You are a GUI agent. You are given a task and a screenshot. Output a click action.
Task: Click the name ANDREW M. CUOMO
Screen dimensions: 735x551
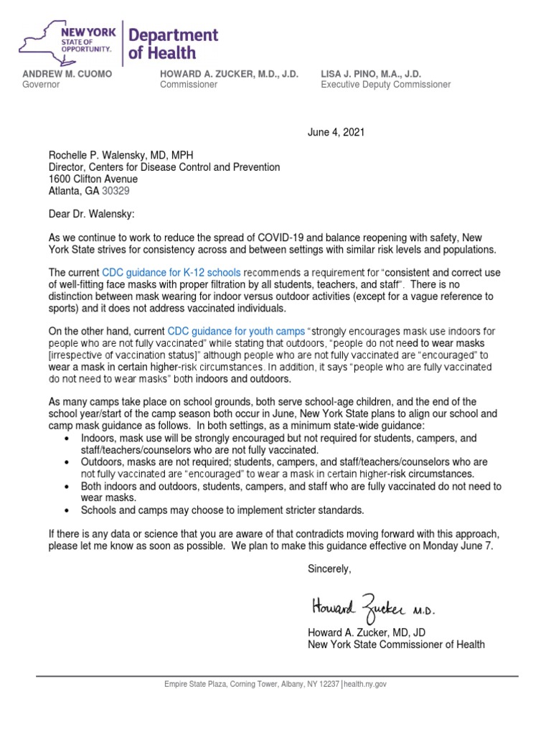click(67, 74)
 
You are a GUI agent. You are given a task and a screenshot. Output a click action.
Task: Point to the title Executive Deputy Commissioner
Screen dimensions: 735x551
click(385, 85)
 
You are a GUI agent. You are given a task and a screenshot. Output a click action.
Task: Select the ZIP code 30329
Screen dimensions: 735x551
click(116, 191)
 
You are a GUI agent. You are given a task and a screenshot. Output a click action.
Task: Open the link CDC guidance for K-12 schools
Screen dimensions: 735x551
click(171, 273)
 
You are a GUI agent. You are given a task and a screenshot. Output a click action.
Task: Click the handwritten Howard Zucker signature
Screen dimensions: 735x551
click(373, 607)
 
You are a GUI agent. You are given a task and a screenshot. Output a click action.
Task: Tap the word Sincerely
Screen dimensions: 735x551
click(329, 568)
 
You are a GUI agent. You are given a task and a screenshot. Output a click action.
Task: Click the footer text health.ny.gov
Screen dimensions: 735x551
click(365, 685)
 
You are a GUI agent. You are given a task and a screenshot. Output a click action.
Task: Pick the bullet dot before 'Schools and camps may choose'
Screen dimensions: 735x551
click(67, 510)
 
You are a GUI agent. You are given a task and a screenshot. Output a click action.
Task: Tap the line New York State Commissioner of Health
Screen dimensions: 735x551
click(395, 645)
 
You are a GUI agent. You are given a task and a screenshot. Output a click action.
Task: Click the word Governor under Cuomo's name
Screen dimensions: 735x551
click(41, 85)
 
